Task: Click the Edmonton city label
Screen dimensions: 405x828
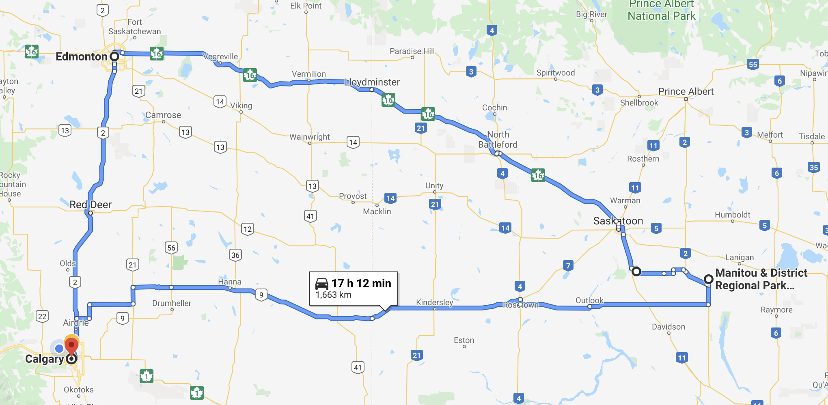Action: (81, 56)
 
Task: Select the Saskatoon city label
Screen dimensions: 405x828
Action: (618, 221)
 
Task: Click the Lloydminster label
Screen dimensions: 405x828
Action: (372, 82)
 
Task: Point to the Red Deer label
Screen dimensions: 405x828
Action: (90, 205)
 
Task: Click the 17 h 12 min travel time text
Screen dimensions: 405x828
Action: (361, 283)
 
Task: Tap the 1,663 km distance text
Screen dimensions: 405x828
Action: (333, 295)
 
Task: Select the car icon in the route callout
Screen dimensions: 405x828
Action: (322, 283)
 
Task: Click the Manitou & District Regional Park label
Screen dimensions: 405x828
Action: (761, 279)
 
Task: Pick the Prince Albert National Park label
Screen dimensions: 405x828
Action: (661, 11)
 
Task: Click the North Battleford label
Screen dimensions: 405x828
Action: (498, 140)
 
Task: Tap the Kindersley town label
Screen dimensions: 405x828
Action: (434, 302)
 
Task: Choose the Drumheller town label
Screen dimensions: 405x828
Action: (172, 303)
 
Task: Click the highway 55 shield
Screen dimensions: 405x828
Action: (753, 65)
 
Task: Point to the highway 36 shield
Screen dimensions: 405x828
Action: (235, 255)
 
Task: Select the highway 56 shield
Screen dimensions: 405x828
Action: (171, 248)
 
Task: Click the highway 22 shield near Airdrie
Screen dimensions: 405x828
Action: (42, 316)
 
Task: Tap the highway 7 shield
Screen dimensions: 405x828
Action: (568, 266)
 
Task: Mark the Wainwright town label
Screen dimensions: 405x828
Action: (309, 137)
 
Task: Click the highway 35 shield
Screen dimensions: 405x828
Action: (813, 168)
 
